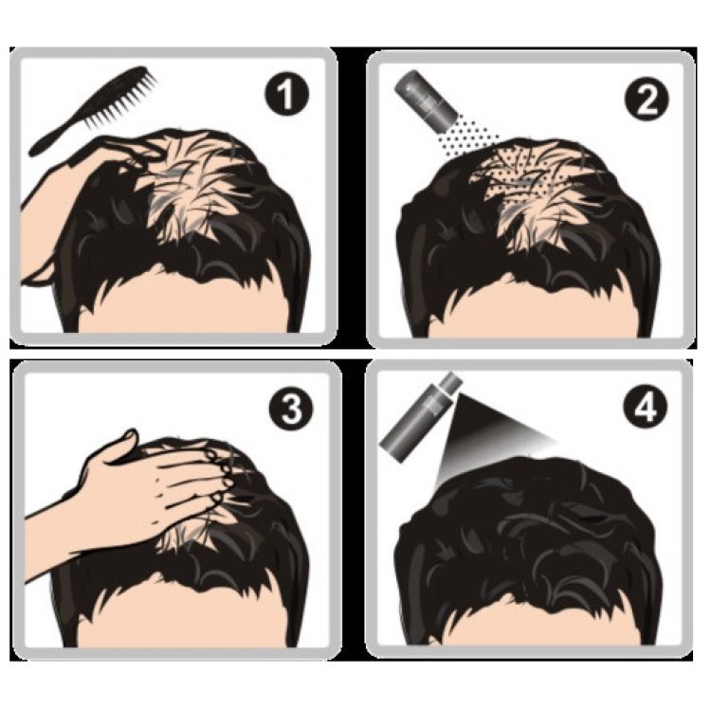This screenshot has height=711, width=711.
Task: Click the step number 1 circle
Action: (x=286, y=94)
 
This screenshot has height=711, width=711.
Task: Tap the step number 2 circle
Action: (x=647, y=100)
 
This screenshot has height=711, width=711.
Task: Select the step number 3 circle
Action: (x=291, y=408)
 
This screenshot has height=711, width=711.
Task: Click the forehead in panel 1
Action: (x=181, y=303)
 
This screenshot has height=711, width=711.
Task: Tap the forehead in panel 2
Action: (x=535, y=308)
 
